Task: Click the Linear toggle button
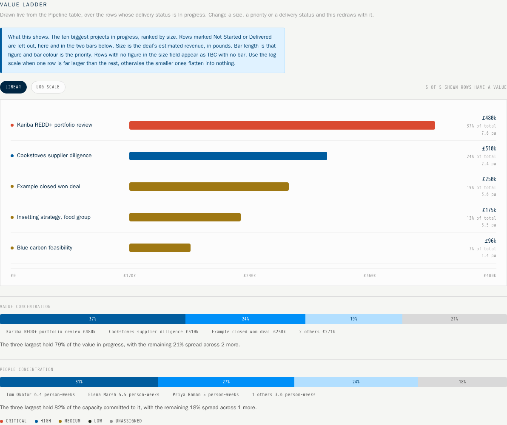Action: click(13, 87)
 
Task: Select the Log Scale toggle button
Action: click(48, 87)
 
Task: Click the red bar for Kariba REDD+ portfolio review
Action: click(282, 125)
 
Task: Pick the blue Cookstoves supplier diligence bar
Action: click(228, 156)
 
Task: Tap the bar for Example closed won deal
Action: click(209, 187)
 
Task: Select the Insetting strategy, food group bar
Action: click(185, 217)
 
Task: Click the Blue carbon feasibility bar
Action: click(160, 248)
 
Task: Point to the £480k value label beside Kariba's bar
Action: click(489, 118)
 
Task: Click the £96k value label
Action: click(490, 241)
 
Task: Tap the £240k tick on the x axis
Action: click(250, 276)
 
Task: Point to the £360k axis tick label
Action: click(370, 276)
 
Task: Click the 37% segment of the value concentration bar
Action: click(93, 319)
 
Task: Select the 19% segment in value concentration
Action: click(354, 319)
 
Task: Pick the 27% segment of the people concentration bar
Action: click(226, 382)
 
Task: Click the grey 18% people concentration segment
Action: click(462, 382)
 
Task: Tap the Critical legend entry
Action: click(14, 421)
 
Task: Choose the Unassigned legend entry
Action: click(126, 421)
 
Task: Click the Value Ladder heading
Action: click(23, 5)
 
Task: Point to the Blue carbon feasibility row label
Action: click(45, 248)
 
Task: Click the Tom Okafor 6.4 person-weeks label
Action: click(40, 395)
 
